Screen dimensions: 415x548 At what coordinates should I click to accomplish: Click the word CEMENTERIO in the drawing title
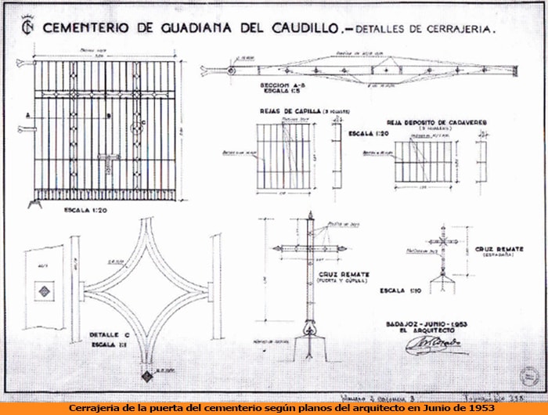point(86,28)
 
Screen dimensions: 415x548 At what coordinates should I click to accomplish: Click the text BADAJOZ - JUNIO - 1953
point(427,323)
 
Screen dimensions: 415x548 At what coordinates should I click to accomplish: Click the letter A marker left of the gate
point(28,114)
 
